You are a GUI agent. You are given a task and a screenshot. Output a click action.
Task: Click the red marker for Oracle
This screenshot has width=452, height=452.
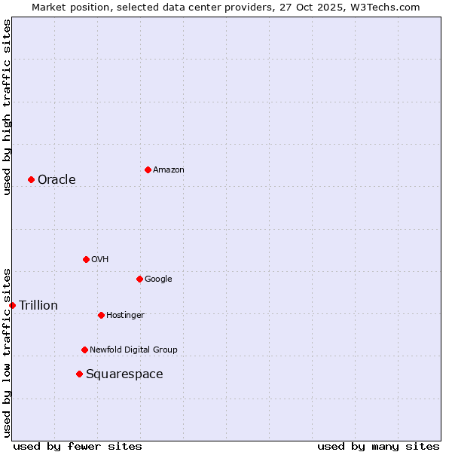pyautogui.click(x=31, y=179)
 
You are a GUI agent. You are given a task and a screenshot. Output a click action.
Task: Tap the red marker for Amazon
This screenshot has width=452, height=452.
pyautogui.click(x=148, y=169)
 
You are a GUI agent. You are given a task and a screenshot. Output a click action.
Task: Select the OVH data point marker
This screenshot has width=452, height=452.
pyautogui.click(x=86, y=259)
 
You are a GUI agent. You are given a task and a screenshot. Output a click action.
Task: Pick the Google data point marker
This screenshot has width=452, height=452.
pyautogui.click(x=139, y=279)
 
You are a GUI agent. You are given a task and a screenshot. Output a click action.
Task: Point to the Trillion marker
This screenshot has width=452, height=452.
pyautogui.click(x=12, y=305)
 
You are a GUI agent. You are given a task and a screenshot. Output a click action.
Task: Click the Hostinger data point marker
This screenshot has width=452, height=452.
pyautogui.click(x=101, y=315)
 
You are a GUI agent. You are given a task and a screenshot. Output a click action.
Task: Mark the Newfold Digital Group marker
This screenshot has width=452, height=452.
pyautogui.click(x=84, y=350)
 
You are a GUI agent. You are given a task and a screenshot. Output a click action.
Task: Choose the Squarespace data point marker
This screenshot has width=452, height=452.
pyautogui.click(x=79, y=374)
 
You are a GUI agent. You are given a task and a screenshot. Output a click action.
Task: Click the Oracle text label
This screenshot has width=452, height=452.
pyautogui.click(x=56, y=179)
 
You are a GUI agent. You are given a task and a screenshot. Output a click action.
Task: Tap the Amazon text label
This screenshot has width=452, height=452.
pyautogui.click(x=169, y=169)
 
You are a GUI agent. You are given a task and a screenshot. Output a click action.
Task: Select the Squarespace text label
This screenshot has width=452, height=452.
pyautogui.click(x=124, y=374)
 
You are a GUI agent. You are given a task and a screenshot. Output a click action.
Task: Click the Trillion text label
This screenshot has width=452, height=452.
pyautogui.click(x=38, y=305)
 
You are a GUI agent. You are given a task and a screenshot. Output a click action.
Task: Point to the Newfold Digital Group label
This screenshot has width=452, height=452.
pyautogui.click(x=133, y=350)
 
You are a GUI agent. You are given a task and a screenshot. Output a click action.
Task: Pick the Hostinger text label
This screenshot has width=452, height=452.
pyautogui.click(x=125, y=315)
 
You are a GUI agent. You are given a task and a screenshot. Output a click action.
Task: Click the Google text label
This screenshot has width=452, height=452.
pyautogui.click(x=158, y=279)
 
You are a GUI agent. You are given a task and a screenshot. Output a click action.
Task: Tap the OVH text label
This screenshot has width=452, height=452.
pyautogui.click(x=100, y=259)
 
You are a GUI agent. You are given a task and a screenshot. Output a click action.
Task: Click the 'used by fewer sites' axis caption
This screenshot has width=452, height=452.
pyautogui.click(x=78, y=446)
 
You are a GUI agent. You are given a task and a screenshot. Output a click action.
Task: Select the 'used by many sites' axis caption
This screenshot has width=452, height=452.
pyautogui.click(x=378, y=446)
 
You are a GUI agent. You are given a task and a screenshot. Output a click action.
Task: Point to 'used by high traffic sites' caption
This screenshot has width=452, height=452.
pyautogui.click(x=7, y=107)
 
